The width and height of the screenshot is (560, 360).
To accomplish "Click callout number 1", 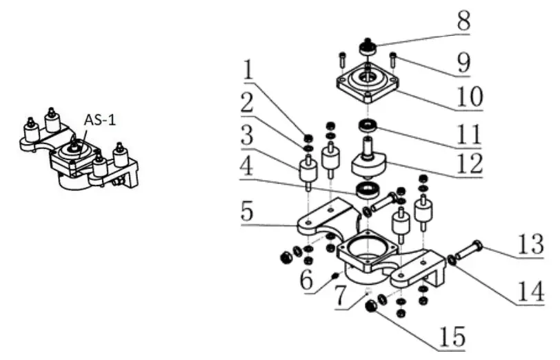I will coord(249,69).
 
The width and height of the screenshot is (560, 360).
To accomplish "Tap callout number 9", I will coord(463,63).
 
